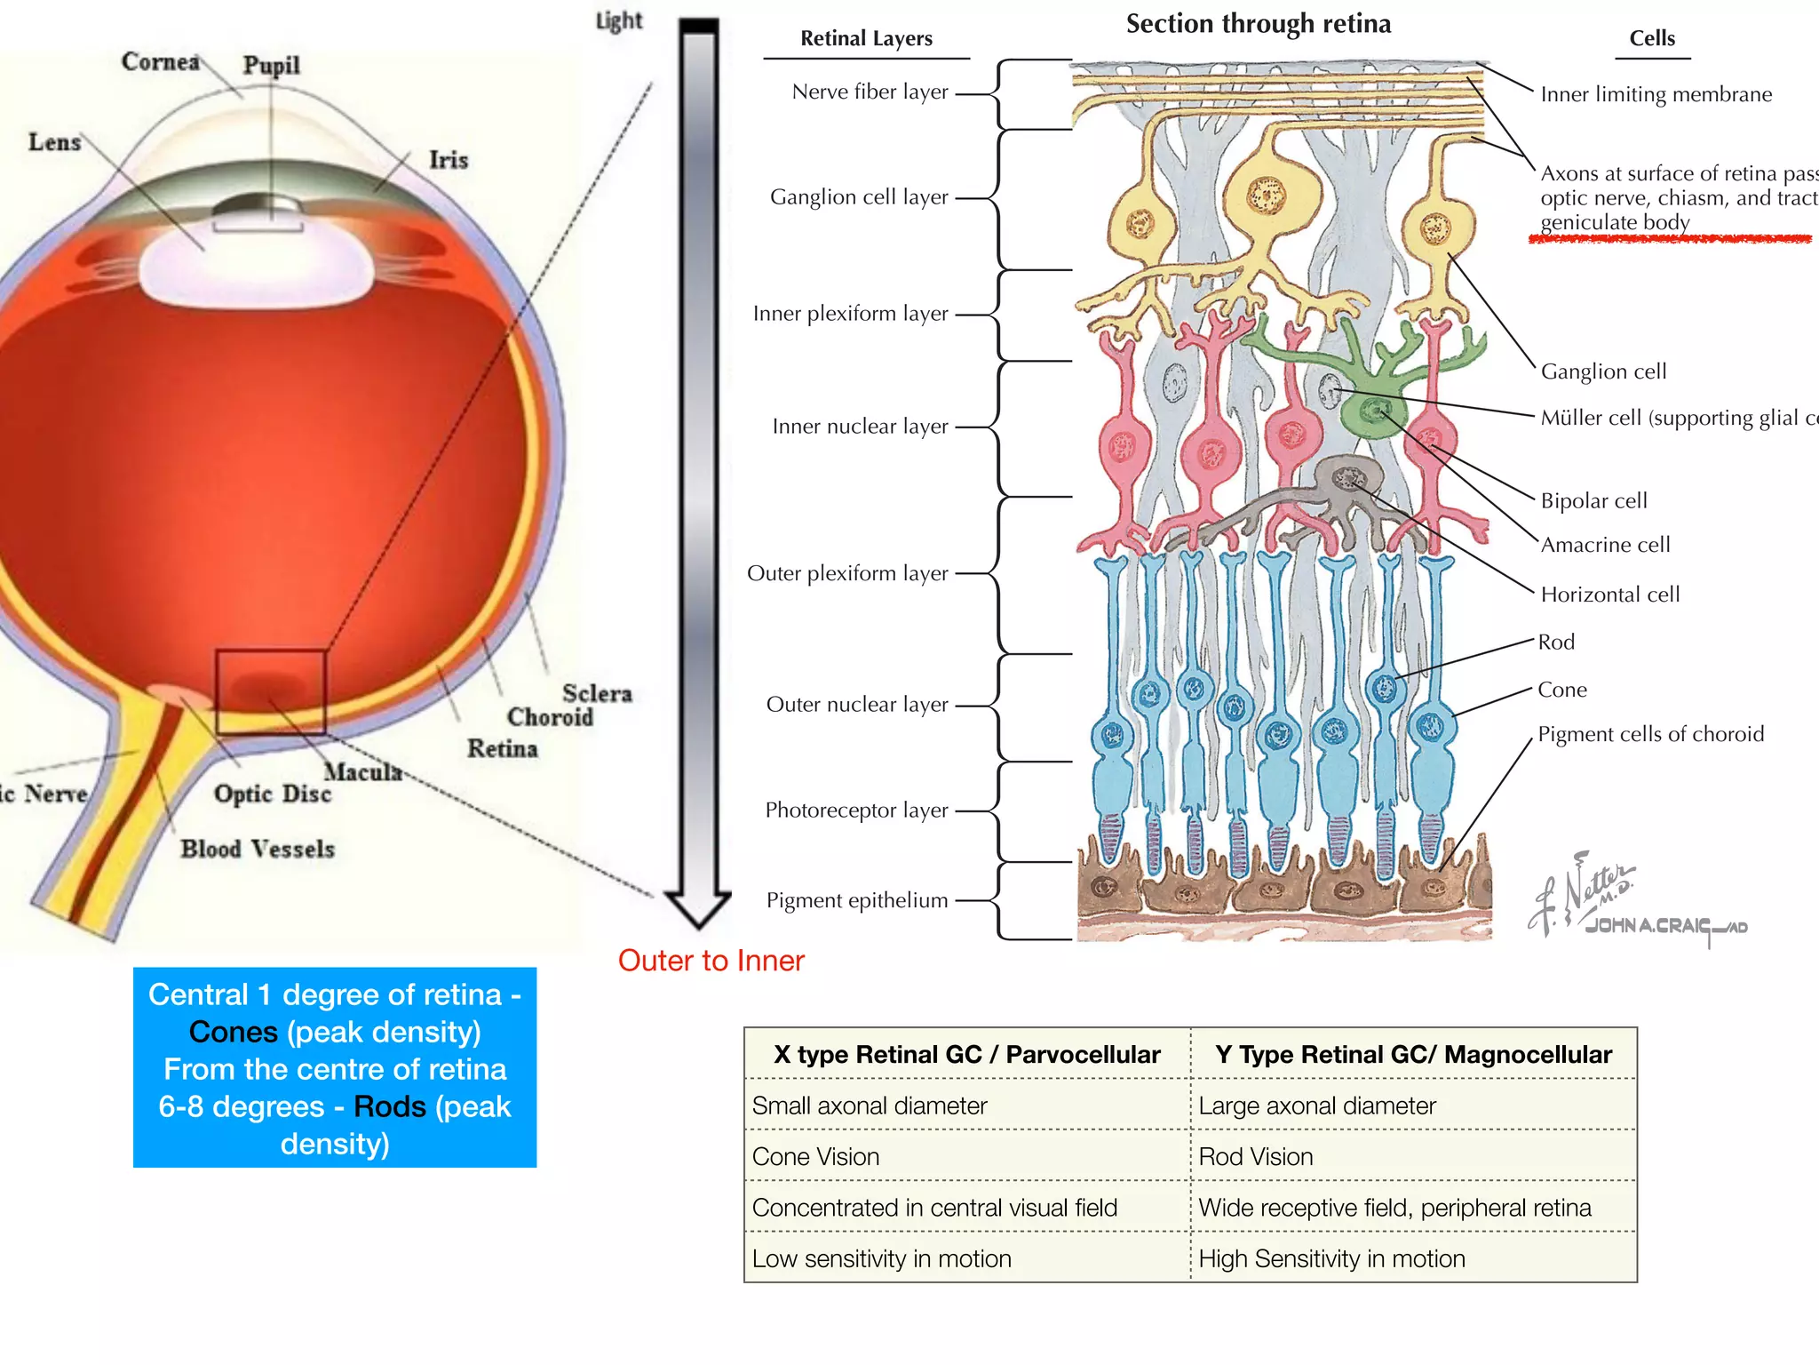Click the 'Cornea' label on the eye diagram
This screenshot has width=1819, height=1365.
(x=161, y=61)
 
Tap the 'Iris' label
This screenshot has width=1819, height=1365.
(x=448, y=159)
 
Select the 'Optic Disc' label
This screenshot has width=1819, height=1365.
(x=272, y=793)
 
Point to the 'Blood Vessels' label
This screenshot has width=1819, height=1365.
(x=258, y=849)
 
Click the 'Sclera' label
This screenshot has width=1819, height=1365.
(x=597, y=693)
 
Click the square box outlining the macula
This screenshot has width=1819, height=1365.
(x=271, y=692)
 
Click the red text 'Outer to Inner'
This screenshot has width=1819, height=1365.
(x=711, y=961)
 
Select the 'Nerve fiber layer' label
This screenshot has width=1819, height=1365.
(x=870, y=92)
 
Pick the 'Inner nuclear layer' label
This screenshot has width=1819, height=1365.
(x=860, y=427)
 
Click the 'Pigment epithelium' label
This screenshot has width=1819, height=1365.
(x=857, y=900)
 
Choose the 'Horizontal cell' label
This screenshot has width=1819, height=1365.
(x=1609, y=595)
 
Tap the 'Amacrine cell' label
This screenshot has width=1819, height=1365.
(x=1605, y=545)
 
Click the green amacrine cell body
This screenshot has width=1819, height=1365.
(x=1373, y=414)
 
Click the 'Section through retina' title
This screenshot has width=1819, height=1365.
(x=1258, y=24)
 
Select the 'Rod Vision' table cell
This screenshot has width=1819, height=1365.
(x=1255, y=1157)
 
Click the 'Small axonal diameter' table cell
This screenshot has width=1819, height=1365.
(x=869, y=1106)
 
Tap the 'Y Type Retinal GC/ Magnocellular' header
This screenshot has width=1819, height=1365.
(x=1412, y=1055)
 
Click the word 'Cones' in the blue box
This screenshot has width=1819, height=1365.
(x=233, y=1032)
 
